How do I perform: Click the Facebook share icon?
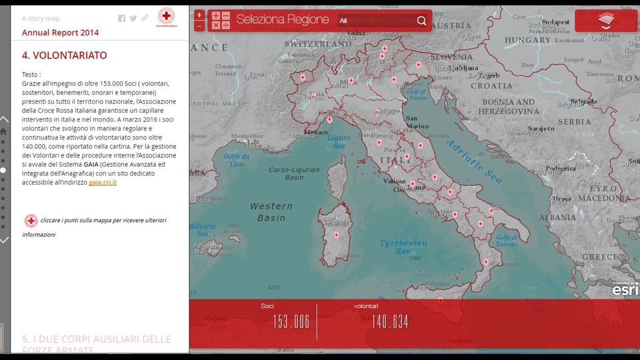[x=121, y=19]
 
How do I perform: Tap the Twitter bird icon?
[x=133, y=19]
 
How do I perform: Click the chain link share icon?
[x=145, y=19]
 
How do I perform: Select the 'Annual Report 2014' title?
[x=60, y=33]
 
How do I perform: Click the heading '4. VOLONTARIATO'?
[x=64, y=55]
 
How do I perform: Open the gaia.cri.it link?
[x=103, y=182]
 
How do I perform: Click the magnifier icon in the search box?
[x=421, y=21]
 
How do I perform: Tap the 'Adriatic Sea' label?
[x=474, y=161]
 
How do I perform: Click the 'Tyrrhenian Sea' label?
[x=403, y=247]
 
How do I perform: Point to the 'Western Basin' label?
[x=271, y=211]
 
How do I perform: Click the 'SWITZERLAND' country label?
[x=313, y=43]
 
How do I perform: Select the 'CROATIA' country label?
[x=491, y=85]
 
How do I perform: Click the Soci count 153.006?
[x=291, y=322]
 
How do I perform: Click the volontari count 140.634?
[x=390, y=322]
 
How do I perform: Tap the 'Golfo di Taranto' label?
[x=507, y=240]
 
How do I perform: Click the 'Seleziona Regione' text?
[x=282, y=20]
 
